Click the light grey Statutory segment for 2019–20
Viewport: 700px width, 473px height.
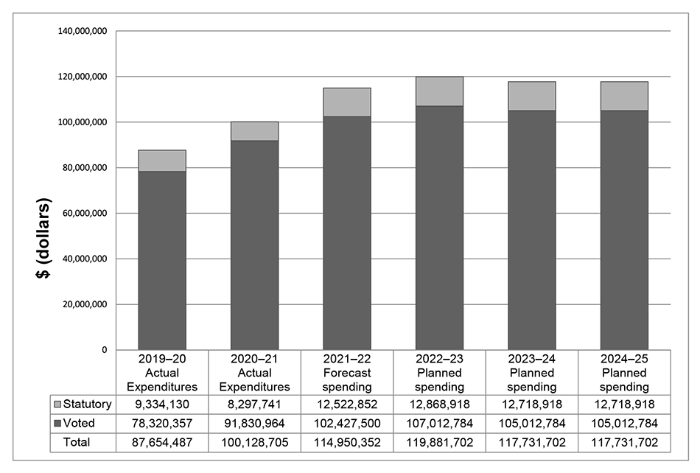[162, 161]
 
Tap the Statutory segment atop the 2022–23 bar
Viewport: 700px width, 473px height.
[439, 91]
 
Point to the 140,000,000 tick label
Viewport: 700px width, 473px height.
[82, 31]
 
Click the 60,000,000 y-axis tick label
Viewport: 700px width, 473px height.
[85, 214]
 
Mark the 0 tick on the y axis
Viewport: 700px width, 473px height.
[104, 350]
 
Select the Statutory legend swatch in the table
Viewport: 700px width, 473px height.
[57, 404]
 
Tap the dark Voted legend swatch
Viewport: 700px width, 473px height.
[57, 424]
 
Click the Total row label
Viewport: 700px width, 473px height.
[77, 442]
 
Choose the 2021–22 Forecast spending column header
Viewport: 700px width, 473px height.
[347, 372]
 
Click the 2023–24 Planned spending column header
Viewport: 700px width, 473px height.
[532, 372]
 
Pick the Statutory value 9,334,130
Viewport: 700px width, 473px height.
[162, 404]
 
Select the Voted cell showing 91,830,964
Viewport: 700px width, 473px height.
[254, 424]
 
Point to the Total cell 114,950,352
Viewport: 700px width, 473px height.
[347, 442]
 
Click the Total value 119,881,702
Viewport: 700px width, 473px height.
[439, 442]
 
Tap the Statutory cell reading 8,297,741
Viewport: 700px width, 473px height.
[254, 404]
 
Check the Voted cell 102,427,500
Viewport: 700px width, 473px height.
[347, 424]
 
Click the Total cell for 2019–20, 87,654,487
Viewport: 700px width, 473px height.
[162, 442]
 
